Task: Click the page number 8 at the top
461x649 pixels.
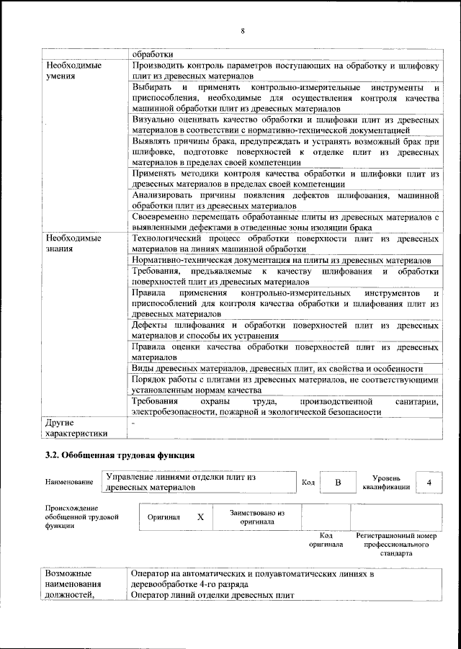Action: pos(243,31)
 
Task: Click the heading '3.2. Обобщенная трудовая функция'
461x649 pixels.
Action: pos(120,455)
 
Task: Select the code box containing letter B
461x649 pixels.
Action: pos(337,482)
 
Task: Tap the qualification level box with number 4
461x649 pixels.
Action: pos(429,482)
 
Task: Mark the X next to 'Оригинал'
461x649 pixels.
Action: pos(200,517)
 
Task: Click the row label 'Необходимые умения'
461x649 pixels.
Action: pos(73,71)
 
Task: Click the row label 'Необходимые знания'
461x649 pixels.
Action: pos(73,243)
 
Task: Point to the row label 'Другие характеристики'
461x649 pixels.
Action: pos(76,428)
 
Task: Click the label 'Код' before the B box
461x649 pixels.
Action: pos(308,482)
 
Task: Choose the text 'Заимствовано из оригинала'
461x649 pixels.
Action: pos(256,517)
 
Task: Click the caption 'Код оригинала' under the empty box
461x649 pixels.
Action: pos(326,540)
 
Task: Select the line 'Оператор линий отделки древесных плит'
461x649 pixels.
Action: pos(213,594)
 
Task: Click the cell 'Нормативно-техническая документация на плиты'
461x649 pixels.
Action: pos(281,259)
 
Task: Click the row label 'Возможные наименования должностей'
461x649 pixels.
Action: pos(75,584)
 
